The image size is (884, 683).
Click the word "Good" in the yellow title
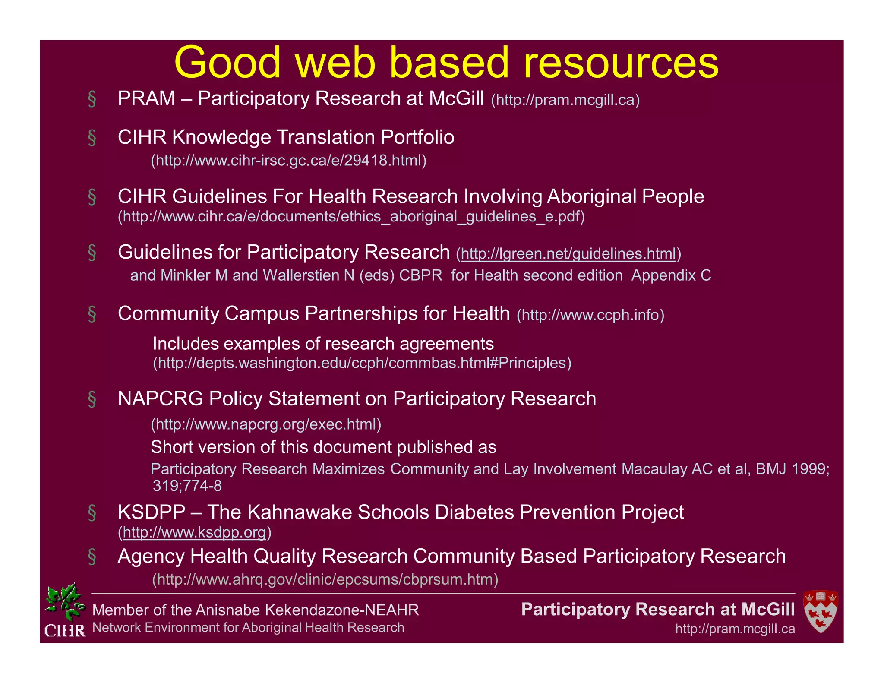[x=227, y=63]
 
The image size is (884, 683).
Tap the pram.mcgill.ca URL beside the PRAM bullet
[x=565, y=100]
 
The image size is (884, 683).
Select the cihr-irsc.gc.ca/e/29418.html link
[x=288, y=161]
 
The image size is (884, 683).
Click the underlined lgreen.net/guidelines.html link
[x=568, y=254]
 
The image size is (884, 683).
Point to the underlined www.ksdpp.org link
[x=194, y=532]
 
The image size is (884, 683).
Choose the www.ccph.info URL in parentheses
[x=590, y=315]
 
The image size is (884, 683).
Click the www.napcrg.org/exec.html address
[x=266, y=424]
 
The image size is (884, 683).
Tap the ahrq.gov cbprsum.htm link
[x=325, y=579]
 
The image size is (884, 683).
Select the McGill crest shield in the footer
[x=820, y=611]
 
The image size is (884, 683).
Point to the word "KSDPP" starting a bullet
[x=151, y=512]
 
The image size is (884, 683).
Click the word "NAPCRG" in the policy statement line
[x=160, y=398]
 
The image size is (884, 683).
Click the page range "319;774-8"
[x=187, y=486]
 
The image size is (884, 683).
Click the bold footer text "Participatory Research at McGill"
[x=657, y=609]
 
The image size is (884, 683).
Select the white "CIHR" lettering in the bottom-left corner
[x=65, y=631]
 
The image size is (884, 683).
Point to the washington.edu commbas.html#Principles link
[x=362, y=363]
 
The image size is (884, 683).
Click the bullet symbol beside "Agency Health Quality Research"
[x=92, y=557]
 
